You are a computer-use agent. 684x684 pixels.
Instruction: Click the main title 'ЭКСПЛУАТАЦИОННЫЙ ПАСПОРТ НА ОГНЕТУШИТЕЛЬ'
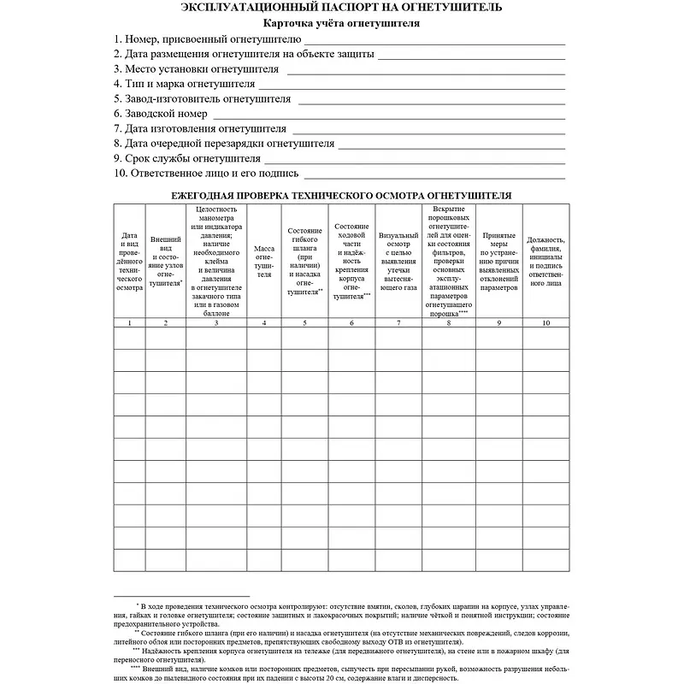click(342, 8)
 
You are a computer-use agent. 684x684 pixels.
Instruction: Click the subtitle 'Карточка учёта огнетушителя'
click(342, 24)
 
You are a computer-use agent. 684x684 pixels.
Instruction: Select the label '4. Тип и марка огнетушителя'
click(185, 84)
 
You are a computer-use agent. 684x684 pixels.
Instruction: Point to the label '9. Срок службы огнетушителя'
click(187, 158)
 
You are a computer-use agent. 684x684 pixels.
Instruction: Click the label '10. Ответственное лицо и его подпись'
click(206, 174)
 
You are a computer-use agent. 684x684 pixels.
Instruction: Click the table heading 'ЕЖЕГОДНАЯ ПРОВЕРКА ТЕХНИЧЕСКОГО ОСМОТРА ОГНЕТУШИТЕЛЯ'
click(342, 195)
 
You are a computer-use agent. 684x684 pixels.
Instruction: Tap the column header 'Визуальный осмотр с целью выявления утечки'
click(398, 262)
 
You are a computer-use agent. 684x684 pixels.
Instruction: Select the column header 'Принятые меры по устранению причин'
click(498, 262)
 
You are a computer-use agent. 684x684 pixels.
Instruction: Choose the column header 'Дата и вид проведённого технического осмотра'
click(129, 262)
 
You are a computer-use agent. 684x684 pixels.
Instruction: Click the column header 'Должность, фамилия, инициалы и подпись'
click(545, 262)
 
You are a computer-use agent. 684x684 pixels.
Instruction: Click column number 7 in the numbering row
click(398, 322)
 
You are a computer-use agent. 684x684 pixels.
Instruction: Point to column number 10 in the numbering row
click(545, 322)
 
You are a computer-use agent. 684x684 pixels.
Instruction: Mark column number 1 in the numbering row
click(129, 322)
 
